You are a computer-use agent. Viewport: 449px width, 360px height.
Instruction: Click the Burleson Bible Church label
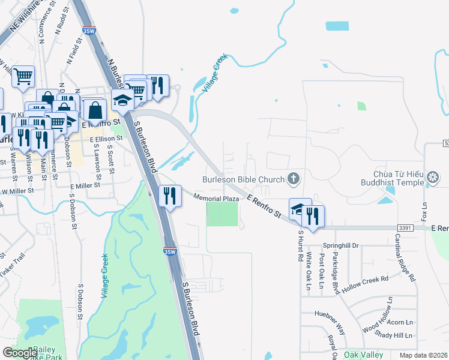(244, 178)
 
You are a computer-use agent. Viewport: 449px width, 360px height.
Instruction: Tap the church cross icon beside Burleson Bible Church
(294, 178)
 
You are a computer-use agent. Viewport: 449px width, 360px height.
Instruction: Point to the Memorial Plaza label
(217, 197)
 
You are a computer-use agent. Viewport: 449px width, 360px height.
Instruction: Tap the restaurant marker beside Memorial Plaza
(170, 196)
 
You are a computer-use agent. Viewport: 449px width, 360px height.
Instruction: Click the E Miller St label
(84, 186)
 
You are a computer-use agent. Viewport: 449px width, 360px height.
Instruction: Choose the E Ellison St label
(106, 138)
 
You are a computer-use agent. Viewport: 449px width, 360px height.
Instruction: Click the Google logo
(20, 353)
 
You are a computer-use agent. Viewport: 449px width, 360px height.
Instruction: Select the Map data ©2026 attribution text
(423, 355)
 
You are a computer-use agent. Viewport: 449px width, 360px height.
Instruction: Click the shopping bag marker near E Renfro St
(95, 110)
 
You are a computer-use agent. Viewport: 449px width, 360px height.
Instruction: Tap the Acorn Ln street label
(400, 322)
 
